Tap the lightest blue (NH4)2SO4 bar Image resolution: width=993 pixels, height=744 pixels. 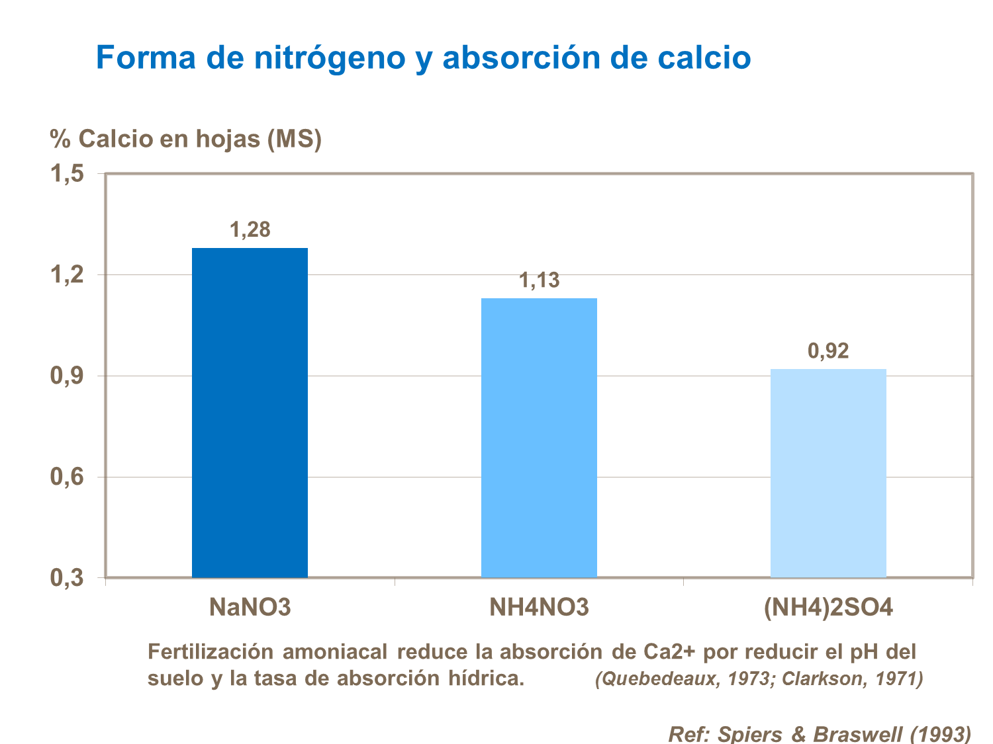click(828, 473)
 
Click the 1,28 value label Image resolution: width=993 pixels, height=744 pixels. click(250, 229)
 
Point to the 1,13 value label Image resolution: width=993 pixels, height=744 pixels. click(539, 280)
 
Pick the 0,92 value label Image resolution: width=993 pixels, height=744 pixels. click(828, 351)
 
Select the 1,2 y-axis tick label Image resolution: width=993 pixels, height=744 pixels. click(68, 275)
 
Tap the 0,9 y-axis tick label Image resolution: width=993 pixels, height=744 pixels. click(68, 376)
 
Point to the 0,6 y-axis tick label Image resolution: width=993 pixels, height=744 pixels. click(68, 477)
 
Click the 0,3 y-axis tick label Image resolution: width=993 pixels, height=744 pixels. click(68, 578)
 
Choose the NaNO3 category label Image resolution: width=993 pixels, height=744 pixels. click(250, 607)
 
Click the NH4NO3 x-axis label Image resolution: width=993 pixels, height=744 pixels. click(539, 607)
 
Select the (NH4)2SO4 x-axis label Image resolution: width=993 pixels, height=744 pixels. click(828, 607)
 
